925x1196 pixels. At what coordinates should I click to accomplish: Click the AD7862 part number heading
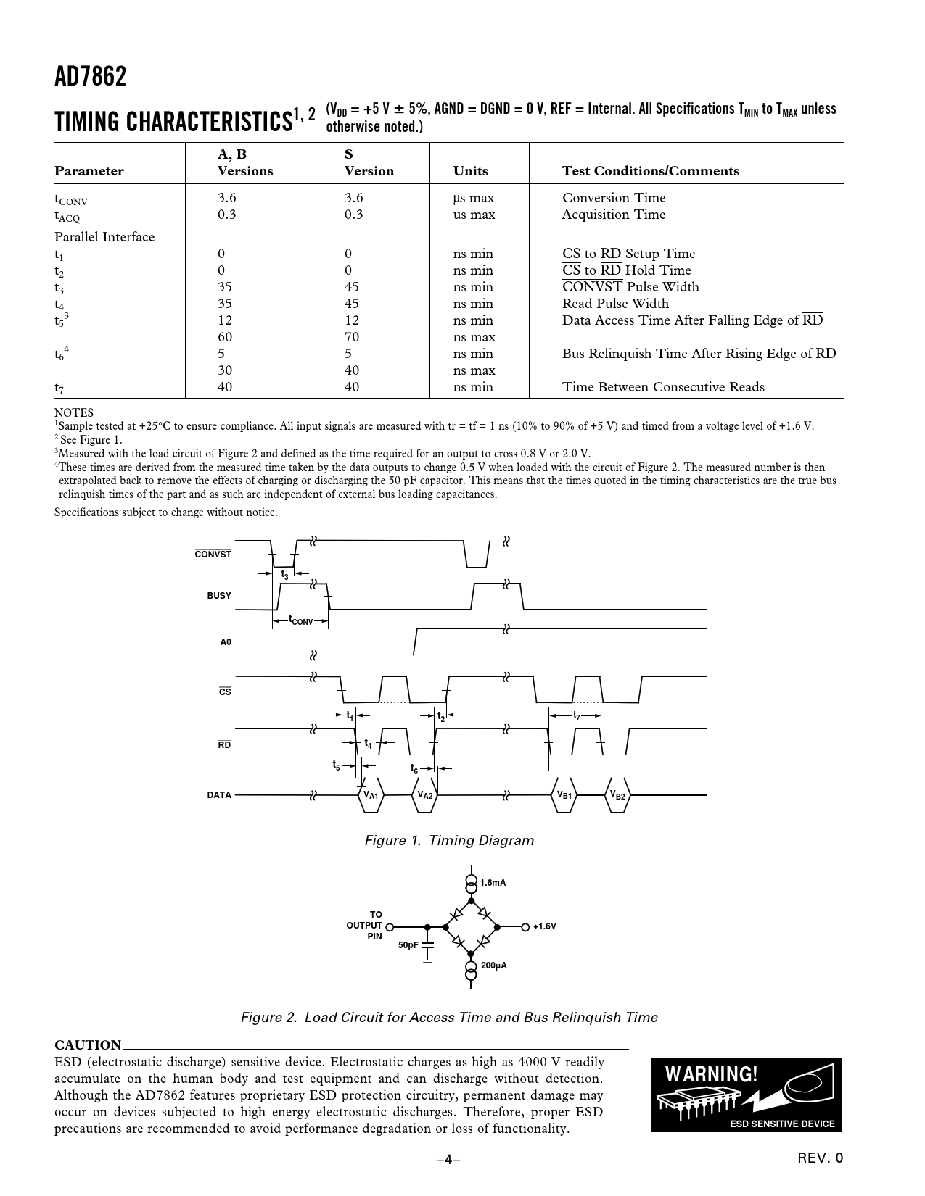pos(90,77)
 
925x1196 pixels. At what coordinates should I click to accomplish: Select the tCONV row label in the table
pos(70,199)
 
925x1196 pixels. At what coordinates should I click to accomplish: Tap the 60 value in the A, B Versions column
pos(225,337)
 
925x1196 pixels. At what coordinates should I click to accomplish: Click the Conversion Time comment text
pos(614,198)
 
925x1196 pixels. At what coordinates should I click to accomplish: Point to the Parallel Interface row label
pos(104,237)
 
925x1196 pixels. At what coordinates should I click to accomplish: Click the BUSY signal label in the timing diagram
pos(219,596)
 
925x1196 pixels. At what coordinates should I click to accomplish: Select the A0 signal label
pos(226,642)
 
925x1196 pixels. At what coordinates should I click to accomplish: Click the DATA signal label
pos(219,795)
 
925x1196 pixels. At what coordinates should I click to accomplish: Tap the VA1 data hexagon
pos(370,795)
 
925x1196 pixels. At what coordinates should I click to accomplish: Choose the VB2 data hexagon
pos(617,795)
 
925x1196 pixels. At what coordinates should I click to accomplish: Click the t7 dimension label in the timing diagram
pos(577,715)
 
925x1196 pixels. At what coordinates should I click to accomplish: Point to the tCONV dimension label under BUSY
pos(301,620)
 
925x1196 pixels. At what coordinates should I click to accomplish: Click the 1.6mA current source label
pos(493,883)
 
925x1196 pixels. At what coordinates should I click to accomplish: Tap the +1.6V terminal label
pos(545,926)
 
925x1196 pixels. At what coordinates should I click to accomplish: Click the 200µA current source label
pos(494,965)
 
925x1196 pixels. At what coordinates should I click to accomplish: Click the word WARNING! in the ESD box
pos(711,1074)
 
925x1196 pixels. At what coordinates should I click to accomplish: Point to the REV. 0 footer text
pos(821,1158)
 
